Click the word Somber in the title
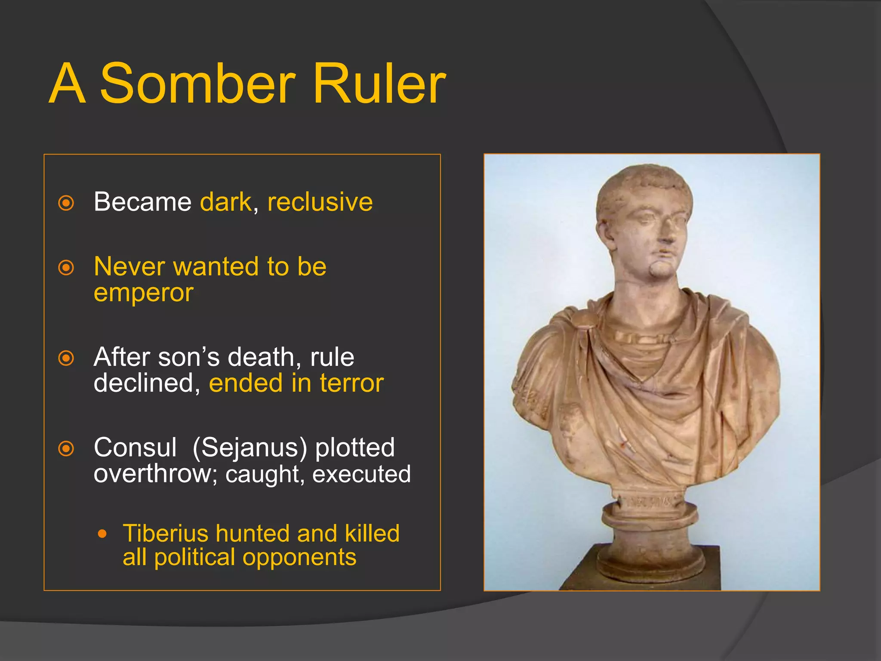[x=198, y=83]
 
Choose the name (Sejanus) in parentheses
[x=250, y=448]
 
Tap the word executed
[x=361, y=474]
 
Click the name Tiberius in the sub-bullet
[x=165, y=534]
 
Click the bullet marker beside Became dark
[x=66, y=203]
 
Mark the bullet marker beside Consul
[x=66, y=449]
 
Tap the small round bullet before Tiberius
[x=102, y=534]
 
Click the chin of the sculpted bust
[x=660, y=271]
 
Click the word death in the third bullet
[x=260, y=357]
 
